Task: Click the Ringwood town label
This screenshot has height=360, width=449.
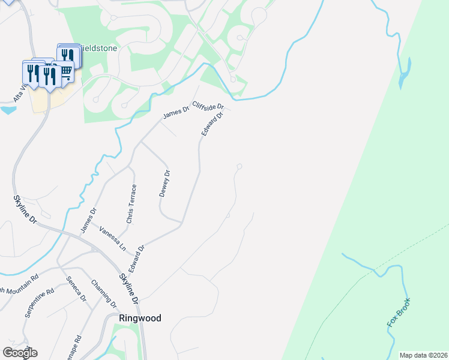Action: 140,318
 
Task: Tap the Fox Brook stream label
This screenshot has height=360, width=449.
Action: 399,313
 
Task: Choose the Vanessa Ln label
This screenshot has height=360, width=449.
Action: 113,238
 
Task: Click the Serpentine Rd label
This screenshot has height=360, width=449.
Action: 40,303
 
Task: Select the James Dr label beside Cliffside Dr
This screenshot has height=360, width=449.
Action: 176,111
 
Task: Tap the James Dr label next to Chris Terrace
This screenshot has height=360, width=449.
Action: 88,220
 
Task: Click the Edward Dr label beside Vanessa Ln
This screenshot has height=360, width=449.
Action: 137,256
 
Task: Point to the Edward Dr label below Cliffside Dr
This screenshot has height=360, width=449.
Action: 212,124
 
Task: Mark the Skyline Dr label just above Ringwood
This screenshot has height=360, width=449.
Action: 128,287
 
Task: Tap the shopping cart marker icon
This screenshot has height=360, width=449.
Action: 66,71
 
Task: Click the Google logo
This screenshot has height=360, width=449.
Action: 20,353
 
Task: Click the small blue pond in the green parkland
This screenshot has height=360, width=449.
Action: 405,71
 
